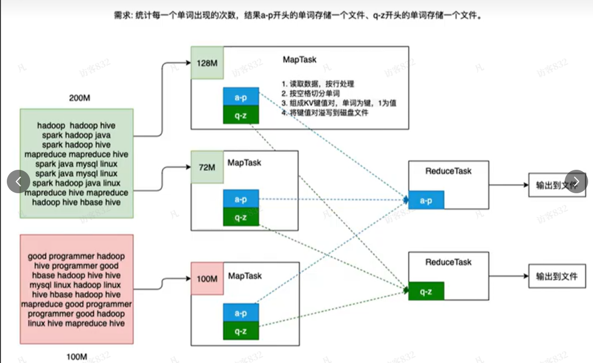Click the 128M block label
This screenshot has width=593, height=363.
207,63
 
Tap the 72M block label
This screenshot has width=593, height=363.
207,167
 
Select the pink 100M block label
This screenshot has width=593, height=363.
207,279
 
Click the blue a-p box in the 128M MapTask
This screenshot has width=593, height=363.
241,97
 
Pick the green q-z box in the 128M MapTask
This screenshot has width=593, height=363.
241,115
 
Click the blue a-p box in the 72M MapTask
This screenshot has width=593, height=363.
241,199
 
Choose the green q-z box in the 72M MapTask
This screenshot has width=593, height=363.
241,217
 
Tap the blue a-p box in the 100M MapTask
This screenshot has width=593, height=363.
241,313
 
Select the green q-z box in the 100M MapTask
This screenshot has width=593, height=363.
241,331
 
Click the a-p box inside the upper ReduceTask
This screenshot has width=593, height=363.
426,200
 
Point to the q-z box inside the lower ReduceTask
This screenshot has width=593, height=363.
426,291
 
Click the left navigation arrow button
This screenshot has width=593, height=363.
19,181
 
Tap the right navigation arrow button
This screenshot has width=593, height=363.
576,181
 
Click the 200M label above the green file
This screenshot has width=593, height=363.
79,98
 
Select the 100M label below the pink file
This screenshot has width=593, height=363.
77,357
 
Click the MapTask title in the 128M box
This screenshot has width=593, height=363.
299,60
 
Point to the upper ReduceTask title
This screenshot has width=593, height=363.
448,171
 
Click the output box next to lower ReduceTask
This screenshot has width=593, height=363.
556,276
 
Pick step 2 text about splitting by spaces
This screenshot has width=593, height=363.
310,93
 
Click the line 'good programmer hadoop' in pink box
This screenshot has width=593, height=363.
77,256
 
